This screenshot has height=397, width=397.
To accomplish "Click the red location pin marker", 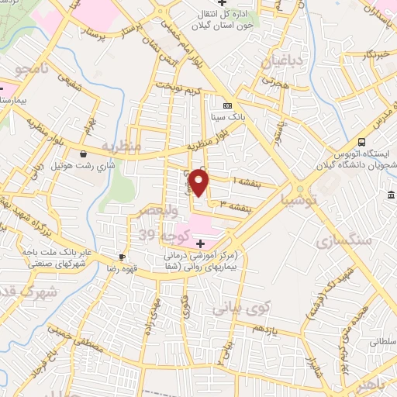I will point(200,183).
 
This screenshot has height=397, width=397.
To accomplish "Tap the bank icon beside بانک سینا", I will point(227,106).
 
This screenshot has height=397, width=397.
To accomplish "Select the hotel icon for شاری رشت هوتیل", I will point(83,154).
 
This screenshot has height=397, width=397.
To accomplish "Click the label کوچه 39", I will point(157,233).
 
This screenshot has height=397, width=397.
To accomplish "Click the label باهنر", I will point(379,385).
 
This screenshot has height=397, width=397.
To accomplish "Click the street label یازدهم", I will point(264,330).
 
